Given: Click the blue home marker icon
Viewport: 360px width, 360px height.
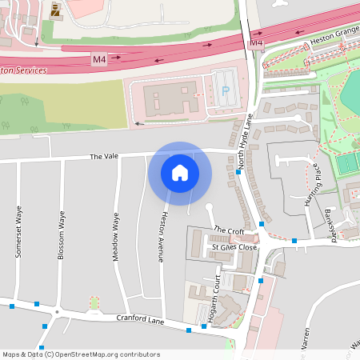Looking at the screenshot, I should pos(180,173).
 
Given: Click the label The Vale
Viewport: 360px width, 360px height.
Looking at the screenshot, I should pos(103,157).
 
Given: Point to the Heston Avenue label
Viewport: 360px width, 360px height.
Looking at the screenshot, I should pos(163,236).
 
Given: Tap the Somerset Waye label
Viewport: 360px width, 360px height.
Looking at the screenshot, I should pos(16,231).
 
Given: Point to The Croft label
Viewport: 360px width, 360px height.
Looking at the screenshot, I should pos(228,231).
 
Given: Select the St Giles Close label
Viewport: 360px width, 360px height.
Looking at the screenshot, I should pos(234,248).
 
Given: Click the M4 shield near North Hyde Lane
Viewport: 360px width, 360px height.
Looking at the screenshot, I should pos(256,42).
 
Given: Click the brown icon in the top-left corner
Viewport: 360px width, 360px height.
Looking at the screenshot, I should pos(55,10).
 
